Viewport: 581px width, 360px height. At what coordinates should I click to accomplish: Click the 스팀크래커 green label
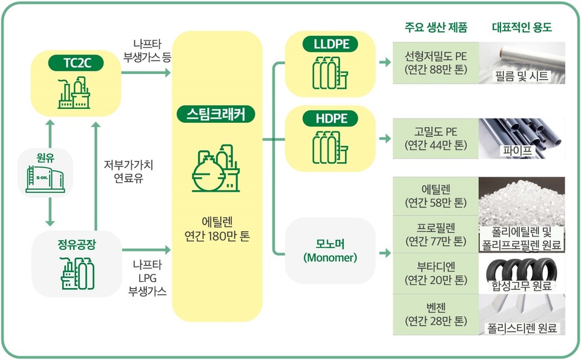(216, 114)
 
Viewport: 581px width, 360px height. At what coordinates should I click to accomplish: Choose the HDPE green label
(331, 119)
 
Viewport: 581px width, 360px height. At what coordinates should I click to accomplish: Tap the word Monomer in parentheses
(330, 258)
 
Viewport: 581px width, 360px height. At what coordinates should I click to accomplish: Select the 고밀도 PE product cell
(435, 138)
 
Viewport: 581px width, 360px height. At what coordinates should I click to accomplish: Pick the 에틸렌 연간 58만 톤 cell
(435, 194)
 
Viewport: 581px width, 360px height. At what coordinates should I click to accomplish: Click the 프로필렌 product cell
(435, 234)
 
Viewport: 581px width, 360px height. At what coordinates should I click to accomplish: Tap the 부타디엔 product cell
(435, 273)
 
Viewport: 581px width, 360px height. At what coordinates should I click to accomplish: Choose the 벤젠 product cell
(435, 315)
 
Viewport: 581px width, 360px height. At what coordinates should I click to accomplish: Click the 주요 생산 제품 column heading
(435, 28)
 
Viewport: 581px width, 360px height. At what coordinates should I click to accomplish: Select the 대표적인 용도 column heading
(522, 28)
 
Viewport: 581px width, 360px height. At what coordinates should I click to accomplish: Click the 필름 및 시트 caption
(521, 77)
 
